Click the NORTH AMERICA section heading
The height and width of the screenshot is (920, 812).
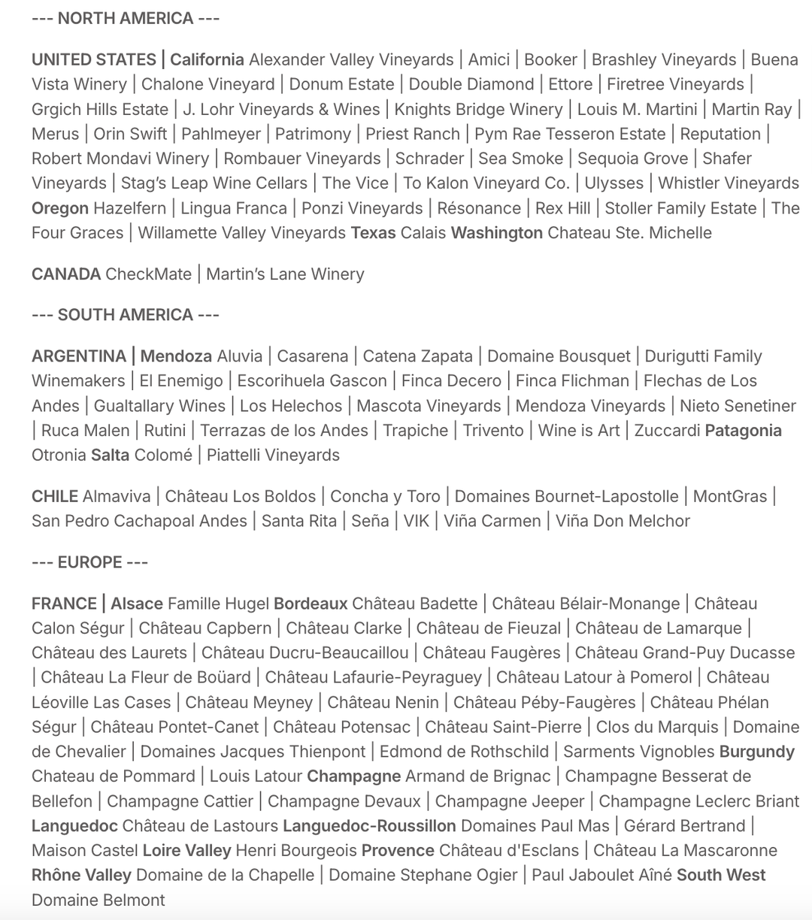(126, 18)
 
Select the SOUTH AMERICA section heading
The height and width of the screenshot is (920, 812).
(126, 315)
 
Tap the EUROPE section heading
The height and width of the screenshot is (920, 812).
(90, 562)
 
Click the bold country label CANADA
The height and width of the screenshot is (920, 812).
(66, 274)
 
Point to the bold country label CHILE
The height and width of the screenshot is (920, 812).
(55, 496)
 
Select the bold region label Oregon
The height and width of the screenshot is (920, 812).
(60, 208)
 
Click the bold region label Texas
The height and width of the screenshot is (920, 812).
(373, 233)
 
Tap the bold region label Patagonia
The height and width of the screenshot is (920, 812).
(743, 431)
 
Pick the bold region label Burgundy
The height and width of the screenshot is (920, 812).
(756, 752)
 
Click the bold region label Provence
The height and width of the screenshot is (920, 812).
(398, 851)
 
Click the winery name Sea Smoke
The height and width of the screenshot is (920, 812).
(520, 159)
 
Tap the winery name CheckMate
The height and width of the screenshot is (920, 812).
(149, 274)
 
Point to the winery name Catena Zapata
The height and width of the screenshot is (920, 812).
(418, 356)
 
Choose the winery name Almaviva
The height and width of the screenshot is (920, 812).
(117, 496)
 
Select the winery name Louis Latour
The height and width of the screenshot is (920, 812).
(256, 776)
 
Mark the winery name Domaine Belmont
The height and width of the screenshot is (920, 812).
(98, 900)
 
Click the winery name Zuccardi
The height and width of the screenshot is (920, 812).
(667, 431)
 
